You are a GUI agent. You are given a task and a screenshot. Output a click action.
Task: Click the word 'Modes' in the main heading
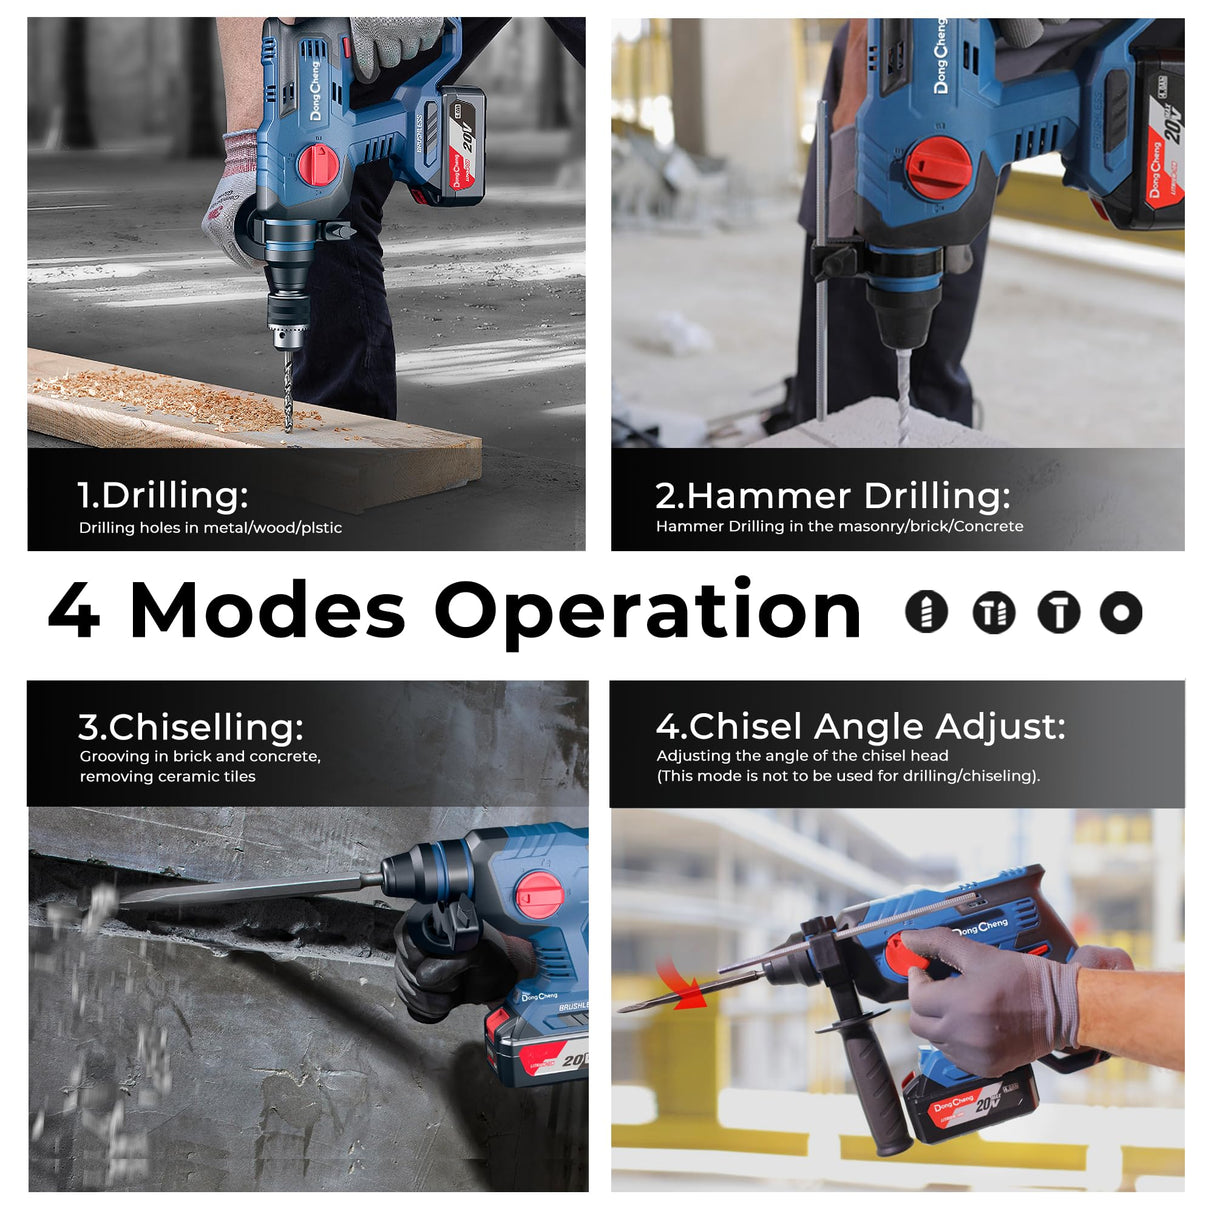point(267,610)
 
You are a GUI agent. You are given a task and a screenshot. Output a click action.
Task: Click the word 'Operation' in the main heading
point(647,612)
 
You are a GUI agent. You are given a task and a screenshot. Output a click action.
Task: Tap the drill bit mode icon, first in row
point(926,611)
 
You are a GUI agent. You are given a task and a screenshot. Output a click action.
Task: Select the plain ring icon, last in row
point(1120,612)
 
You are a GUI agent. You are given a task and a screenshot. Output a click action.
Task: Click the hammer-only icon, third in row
point(1058,612)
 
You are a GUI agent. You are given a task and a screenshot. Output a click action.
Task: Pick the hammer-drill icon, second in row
point(993,612)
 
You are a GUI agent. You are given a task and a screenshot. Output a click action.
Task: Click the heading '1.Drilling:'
point(162,495)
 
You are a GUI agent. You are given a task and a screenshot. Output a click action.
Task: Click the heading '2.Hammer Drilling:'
point(832,495)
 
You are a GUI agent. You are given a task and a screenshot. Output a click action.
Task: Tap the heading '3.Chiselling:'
point(190,726)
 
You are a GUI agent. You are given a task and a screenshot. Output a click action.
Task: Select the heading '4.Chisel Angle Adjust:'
point(860,726)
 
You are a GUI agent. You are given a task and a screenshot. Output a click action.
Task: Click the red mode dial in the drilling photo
point(318,164)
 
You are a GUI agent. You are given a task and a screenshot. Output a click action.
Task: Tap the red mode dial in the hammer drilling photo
point(937,166)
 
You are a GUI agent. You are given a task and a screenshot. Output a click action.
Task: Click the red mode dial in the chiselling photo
point(539,894)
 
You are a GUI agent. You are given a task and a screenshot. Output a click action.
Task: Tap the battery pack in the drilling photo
point(461,145)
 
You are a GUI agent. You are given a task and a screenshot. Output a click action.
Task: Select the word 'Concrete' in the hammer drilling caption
point(988,526)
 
